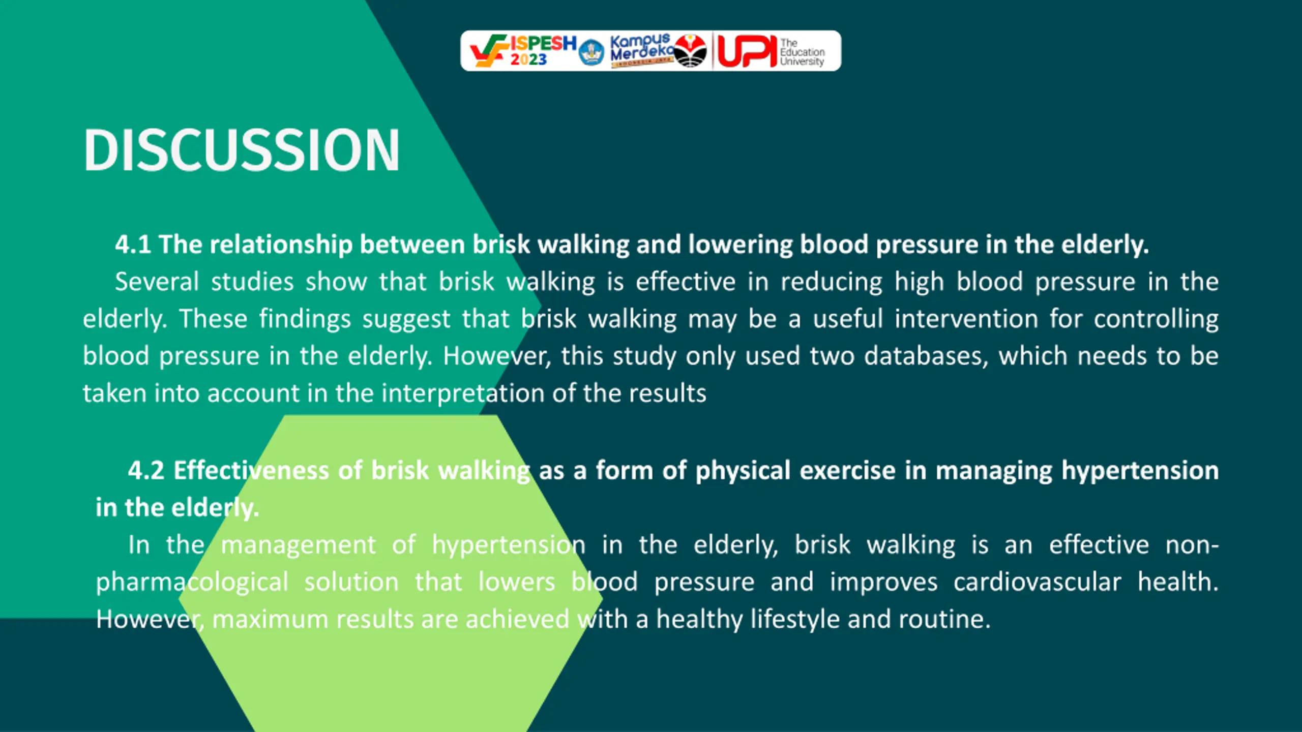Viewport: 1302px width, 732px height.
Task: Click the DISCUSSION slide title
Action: pos(242,149)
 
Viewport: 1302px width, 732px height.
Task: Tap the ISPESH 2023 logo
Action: pos(523,51)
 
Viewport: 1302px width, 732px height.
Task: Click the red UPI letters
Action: pos(747,51)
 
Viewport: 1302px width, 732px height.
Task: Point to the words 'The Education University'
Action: pos(802,52)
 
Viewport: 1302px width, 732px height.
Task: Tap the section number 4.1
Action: pos(133,245)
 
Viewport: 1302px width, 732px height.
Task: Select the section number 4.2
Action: pos(146,470)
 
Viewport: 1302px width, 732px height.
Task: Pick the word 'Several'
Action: pos(157,282)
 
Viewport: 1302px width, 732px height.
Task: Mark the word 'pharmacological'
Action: pos(192,583)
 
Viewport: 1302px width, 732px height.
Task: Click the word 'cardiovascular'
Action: pos(1038,582)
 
